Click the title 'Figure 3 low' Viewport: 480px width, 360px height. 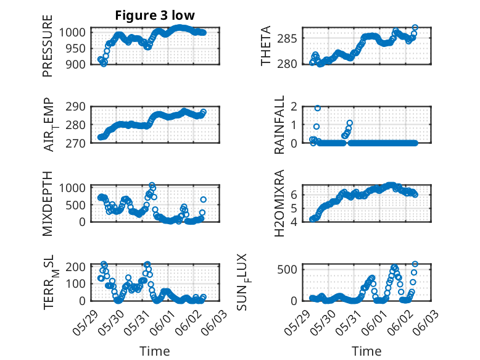tap(155, 15)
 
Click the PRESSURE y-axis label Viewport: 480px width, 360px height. tap(48, 46)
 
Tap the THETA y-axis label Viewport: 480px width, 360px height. tap(266, 46)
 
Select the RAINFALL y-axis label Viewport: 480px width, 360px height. tap(279, 124)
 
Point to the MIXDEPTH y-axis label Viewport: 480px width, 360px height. tap(48, 203)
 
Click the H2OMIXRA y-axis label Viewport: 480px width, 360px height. tap(279, 203)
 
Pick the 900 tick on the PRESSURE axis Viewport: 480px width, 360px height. tap(75, 64)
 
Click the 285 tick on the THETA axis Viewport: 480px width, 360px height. tap(287, 39)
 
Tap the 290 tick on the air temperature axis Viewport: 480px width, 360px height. tap(75, 107)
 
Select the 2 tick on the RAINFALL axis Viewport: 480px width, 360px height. tap(294, 107)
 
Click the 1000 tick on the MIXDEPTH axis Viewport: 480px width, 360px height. tap(72, 188)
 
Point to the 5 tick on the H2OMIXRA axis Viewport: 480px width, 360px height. tap(294, 208)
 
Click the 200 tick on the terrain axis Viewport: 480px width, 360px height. tap(75, 267)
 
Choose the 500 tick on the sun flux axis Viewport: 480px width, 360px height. tap(287, 270)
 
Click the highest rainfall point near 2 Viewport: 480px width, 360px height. tap(318, 108)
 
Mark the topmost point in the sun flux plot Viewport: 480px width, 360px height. tap(415, 264)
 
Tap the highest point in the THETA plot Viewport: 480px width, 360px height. tap(415, 28)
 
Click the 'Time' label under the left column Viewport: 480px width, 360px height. tap(155, 351)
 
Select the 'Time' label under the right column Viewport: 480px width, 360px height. tap(366, 351)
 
